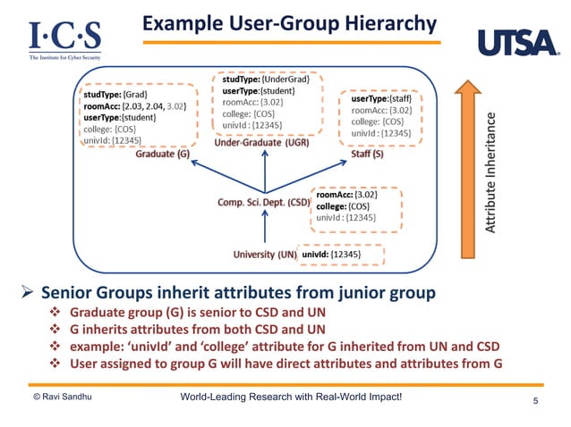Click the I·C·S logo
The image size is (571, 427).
(x=64, y=38)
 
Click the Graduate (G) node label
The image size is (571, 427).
(x=162, y=154)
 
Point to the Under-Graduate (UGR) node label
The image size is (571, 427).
(x=262, y=143)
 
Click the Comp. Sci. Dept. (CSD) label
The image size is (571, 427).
(x=263, y=203)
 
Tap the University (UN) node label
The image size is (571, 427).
(x=265, y=255)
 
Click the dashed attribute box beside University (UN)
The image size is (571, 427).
(x=341, y=255)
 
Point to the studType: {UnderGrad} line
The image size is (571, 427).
(x=265, y=80)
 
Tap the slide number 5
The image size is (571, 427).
(x=535, y=401)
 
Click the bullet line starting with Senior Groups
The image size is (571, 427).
(x=238, y=292)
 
